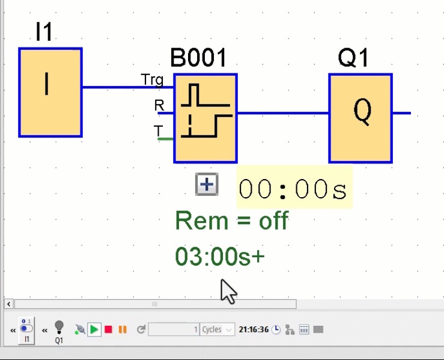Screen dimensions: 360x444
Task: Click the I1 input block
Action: [50, 93]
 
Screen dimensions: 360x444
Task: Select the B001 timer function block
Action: [205, 118]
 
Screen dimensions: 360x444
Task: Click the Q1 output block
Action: [360, 118]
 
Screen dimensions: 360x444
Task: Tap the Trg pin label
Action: [151, 79]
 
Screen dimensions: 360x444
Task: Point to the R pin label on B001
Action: [159, 106]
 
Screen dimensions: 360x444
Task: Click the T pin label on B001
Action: [158, 131]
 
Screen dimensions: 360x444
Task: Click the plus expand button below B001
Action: [207, 185]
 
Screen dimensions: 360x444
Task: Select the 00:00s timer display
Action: [293, 189]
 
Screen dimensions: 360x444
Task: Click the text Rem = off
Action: [231, 221]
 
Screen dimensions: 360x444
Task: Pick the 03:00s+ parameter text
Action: [220, 257]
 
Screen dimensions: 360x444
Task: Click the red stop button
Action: [109, 329]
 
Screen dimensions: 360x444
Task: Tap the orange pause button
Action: [123, 329]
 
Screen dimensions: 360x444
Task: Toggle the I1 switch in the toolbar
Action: [26, 329]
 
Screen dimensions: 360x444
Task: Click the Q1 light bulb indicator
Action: [59, 327]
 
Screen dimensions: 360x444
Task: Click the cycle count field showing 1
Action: [174, 329]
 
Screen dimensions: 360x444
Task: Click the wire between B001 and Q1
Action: [282, 113]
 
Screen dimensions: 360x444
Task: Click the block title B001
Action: [199, 58]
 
